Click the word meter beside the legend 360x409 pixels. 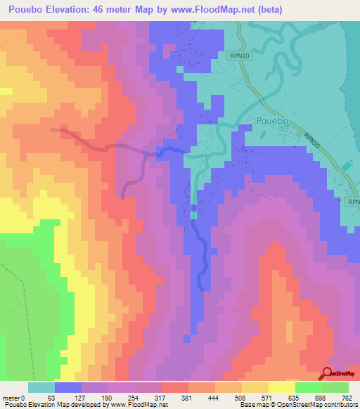pyautogui.click(x=11, y=398)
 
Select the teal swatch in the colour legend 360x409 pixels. pyautogui.click(x=41, y=387)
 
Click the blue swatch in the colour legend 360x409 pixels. pyautogui.click(x=68, y=387)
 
